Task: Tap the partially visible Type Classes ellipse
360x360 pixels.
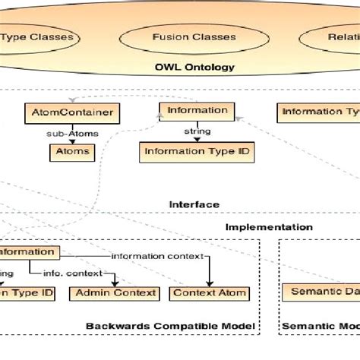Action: point(42,36)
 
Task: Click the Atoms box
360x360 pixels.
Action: point(72,151)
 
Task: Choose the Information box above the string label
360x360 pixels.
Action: point(197,110)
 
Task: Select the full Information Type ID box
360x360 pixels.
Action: point(196,151)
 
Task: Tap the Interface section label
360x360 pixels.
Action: point(194,204)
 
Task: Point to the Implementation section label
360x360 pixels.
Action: point(268,226)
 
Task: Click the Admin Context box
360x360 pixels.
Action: point(113,292)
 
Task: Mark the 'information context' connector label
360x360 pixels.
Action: point(157,256)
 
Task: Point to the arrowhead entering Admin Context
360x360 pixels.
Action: point(113,283)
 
